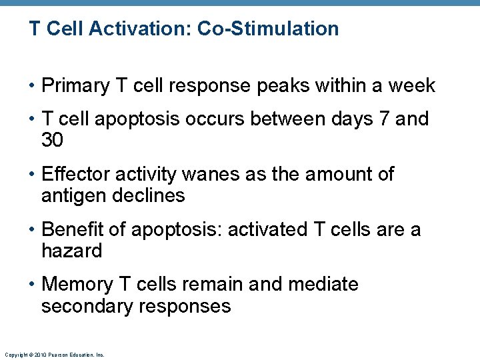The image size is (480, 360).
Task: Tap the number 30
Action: coord(53,140)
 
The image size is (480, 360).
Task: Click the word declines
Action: coord(151,196)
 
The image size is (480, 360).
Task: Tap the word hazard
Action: coord(71,251)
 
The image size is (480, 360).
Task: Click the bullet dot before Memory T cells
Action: coord(33,285)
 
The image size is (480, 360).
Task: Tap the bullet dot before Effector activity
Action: coord(33,175)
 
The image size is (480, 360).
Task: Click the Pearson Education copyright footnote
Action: coord(54,355)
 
